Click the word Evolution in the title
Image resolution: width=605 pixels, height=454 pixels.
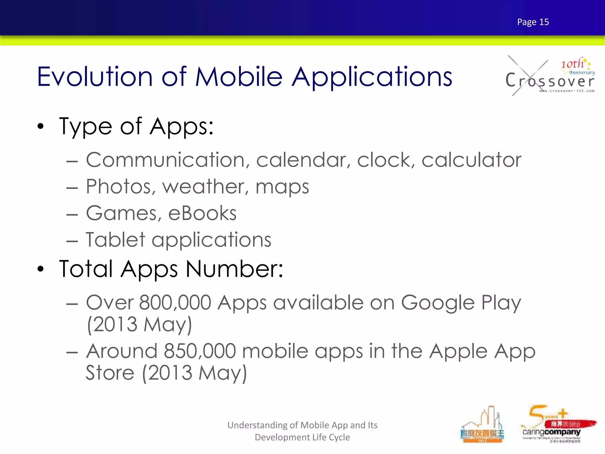coord(95,77)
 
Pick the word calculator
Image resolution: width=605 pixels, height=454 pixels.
coord(471,160)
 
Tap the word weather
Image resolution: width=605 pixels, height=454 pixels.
coord(205,187)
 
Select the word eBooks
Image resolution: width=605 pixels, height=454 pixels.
coord(202,213)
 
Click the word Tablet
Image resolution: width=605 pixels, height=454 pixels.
coord(116,240)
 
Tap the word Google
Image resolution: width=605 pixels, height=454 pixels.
coord(438,303)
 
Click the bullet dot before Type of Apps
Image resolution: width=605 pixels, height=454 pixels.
coord(40,127)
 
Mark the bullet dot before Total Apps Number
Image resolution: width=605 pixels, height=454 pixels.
coord(40,269)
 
